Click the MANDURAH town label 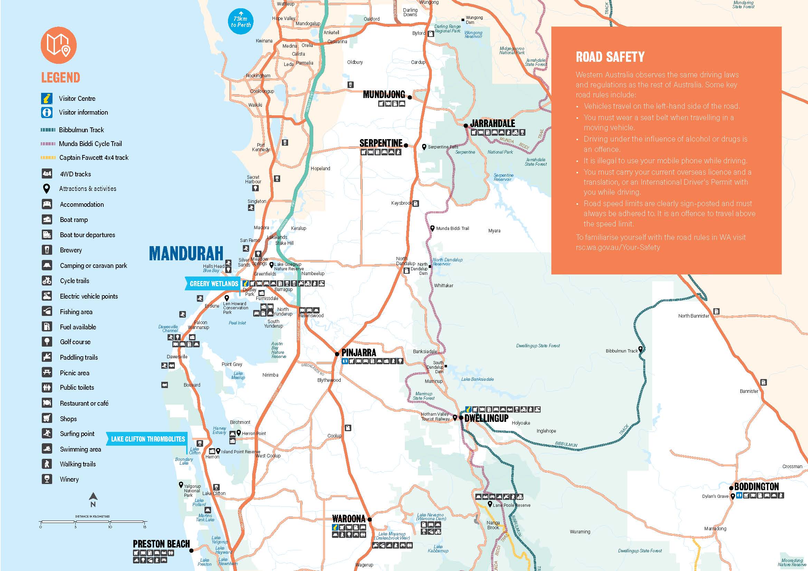coord(186,253)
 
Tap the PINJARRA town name coord(359,352)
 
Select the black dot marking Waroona coord(370,519)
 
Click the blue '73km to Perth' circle coord(241,22)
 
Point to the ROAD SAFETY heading coord(610,57)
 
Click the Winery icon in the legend coord(47,479)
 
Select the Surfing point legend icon coord(47,433)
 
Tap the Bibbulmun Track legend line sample coord(48,130)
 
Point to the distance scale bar coord(92,522)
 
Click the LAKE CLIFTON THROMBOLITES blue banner coord(148,439)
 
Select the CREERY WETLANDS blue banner coord(213,283)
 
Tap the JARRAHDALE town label coord(492,123)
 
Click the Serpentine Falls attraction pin coord(424,147)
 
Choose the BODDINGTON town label coord(756,487)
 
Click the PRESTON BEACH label coord(161,544)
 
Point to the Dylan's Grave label coord(715,496)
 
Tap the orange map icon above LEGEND coord(58,45)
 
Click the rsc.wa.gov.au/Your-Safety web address coord(618,247)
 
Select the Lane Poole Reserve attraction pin coord(489,504)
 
